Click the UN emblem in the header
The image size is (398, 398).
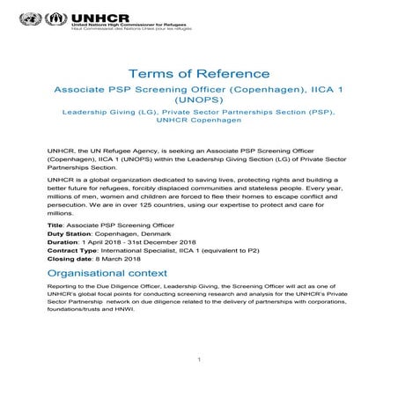(x=30, y=18)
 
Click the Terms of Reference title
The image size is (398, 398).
(x=199, y=74)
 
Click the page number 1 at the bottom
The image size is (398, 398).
(x=199, y=358)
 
